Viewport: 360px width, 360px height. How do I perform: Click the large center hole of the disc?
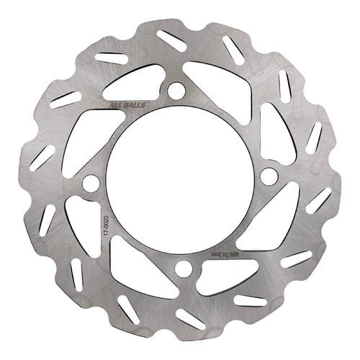tap(180, 180)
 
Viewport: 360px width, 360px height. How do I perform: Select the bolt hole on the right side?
tap(269, 176)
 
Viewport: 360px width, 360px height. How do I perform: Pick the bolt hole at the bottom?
tap(184, 269)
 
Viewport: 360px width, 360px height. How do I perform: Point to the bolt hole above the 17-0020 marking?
tap(91, 184)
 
